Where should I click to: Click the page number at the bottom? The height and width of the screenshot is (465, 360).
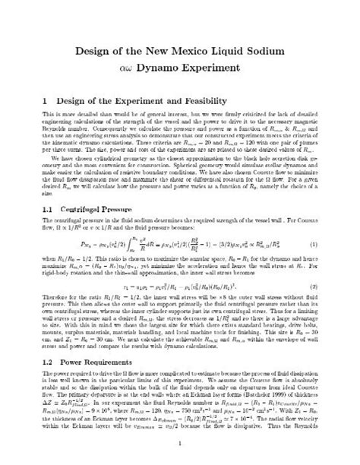click(x=179, y=444)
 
